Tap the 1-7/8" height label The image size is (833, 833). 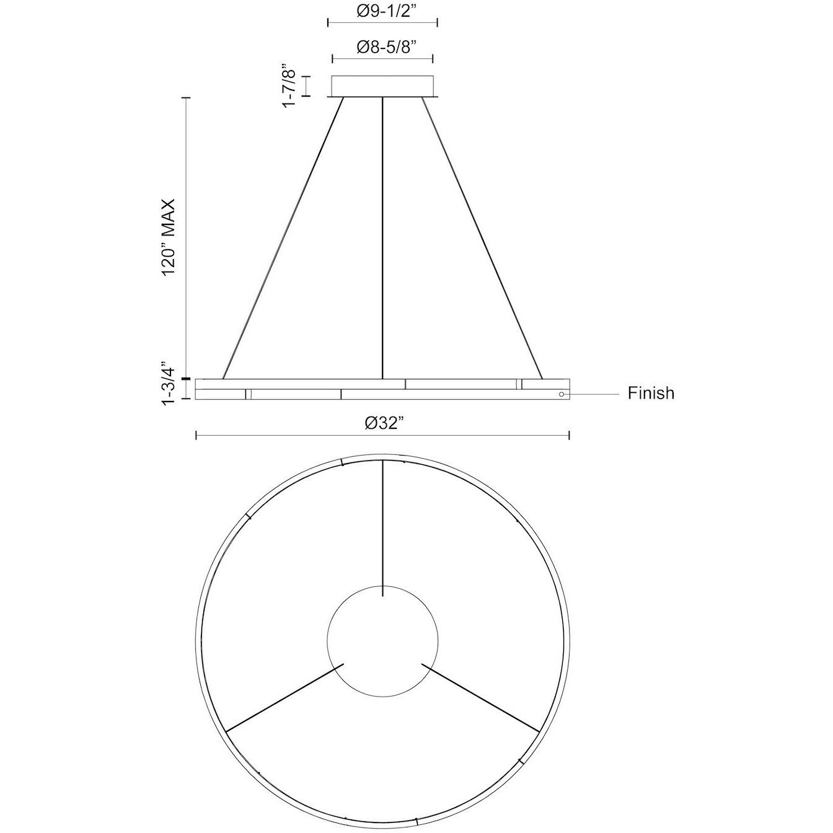288,86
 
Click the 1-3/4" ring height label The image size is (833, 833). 168,384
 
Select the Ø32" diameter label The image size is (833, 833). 382,424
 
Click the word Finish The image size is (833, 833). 651,394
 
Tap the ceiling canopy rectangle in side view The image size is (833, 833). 382,86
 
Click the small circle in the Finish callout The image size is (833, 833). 562,394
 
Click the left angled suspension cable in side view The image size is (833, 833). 283,239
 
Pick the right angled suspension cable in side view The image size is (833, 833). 482,239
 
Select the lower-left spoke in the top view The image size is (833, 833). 284,698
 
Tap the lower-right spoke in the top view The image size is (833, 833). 481,698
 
